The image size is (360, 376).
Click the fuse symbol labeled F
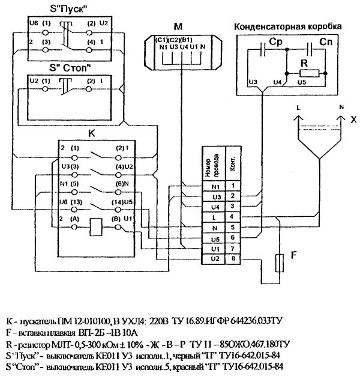pyautogui.click(x=278, y=262)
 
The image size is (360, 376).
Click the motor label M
pyautogui.click(x=177, y=26)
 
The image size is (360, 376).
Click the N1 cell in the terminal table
pyautogui.click(x=217, y=186)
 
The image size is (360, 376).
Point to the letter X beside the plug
pyautogui.click(x=353, y=120)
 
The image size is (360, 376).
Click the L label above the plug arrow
pyautogui.click(x=298, y=106)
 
